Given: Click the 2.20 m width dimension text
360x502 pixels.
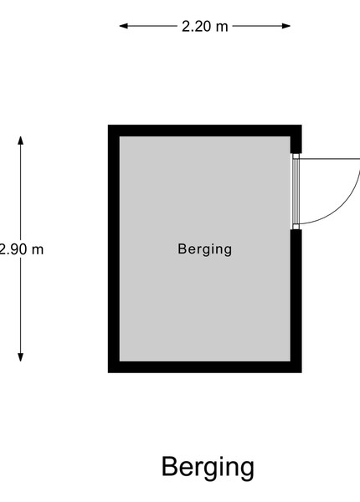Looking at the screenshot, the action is tap(205, 26).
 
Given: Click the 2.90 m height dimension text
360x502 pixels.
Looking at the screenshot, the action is tap(21, 249).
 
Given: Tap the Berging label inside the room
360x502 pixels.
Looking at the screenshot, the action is tap(204, 249).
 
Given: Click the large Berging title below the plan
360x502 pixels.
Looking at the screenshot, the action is tap(208, 467).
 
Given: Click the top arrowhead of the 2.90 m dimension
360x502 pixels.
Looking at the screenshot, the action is tap(20, 141).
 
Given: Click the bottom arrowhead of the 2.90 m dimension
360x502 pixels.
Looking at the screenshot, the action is tap(20, 357).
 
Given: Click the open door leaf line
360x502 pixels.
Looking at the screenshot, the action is tap(329, 159).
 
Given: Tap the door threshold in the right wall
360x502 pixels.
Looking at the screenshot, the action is tap(296, 192).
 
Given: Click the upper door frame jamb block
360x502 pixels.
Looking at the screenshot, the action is tap(296, 156).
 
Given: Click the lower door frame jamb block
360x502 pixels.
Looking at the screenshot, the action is tap(296, 227).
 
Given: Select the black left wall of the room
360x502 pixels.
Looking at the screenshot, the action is tap(114, 248).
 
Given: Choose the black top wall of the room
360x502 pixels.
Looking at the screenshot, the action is tap(204, 131).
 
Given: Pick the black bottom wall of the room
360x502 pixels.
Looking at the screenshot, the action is tap(204, 367).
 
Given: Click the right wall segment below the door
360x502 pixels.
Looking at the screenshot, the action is tap(296, 301).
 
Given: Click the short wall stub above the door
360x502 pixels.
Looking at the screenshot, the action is tap(296, 139).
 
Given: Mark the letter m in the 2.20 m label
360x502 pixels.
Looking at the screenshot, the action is tap(222, 28).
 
